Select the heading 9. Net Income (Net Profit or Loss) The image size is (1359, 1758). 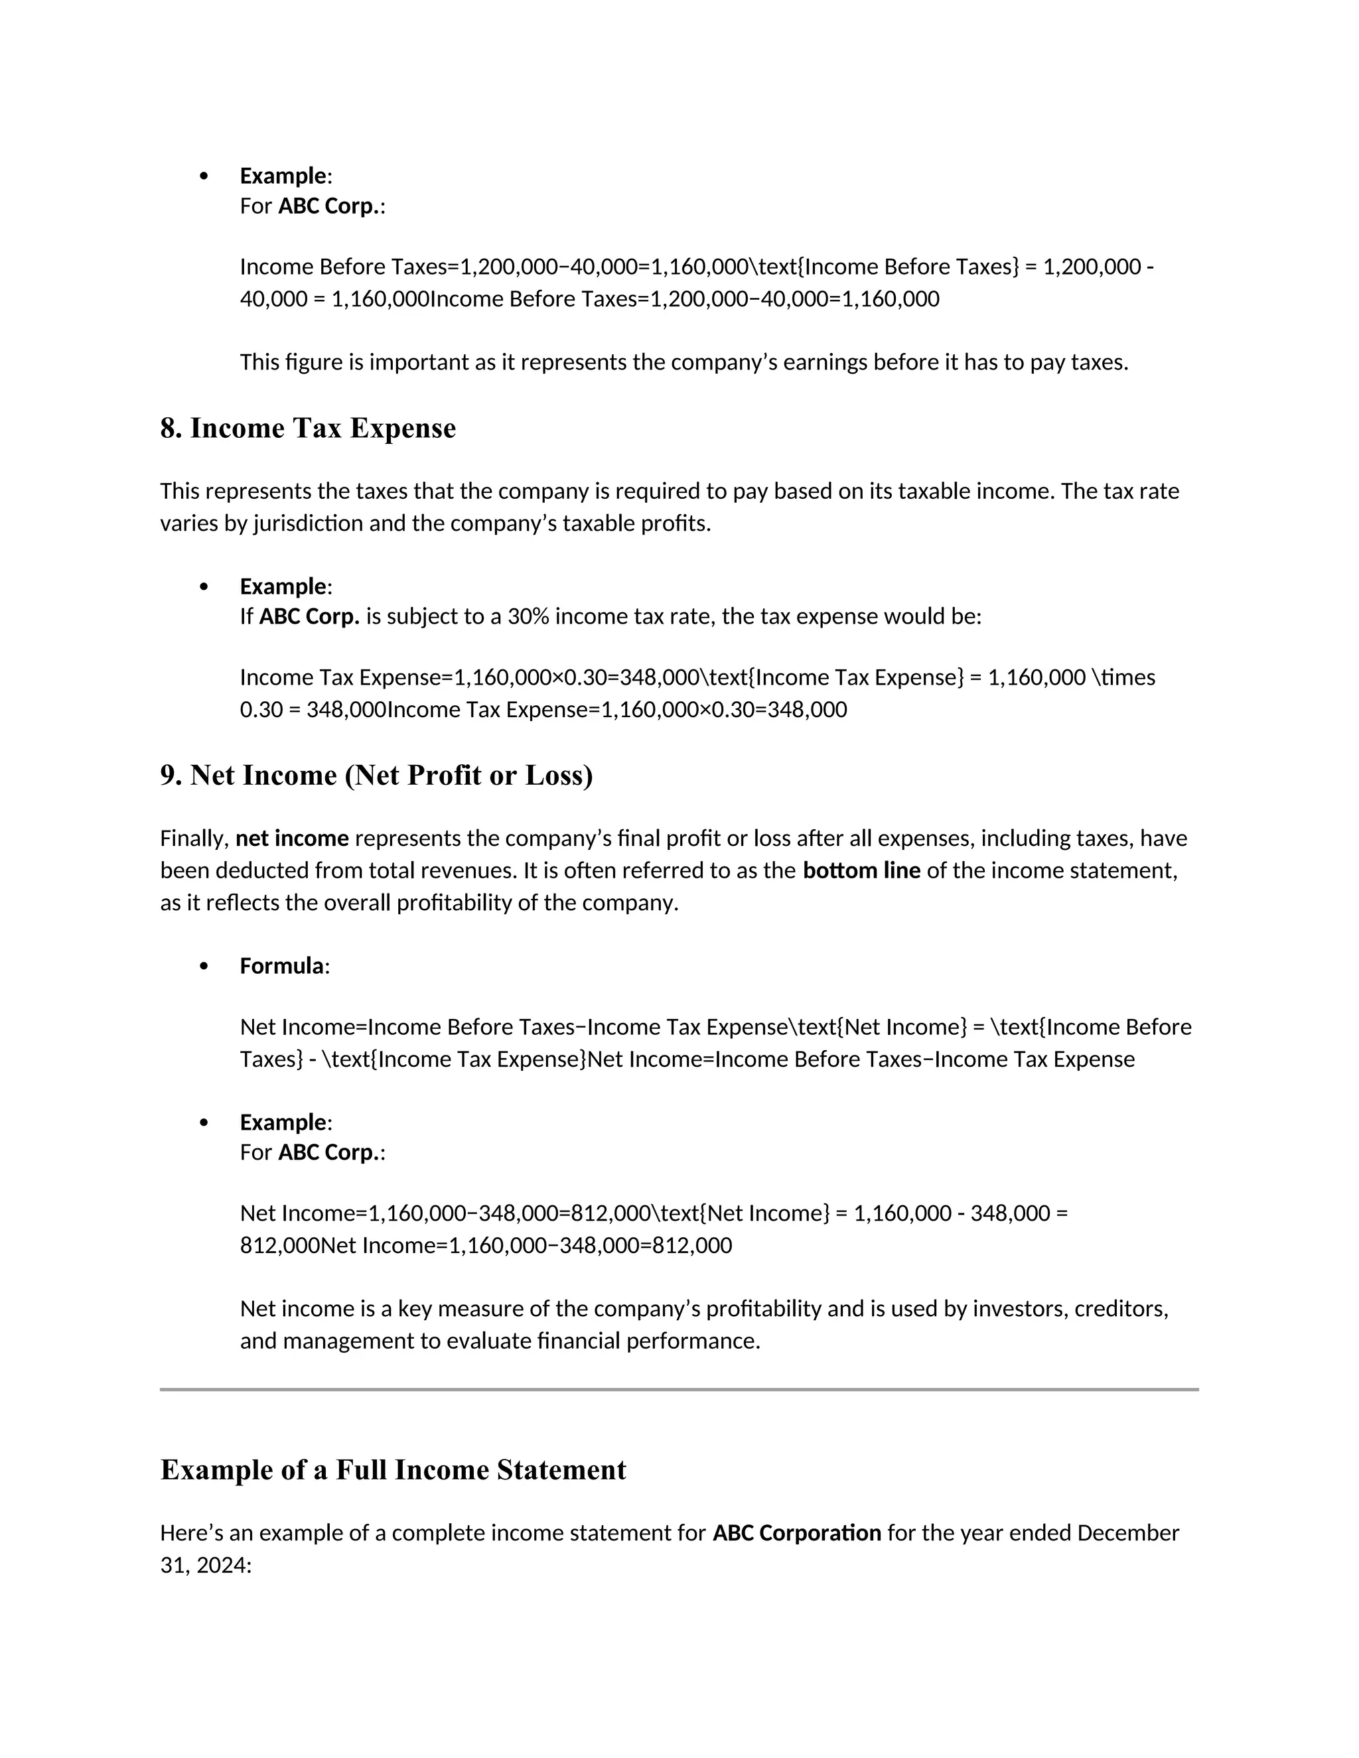coord(376,775)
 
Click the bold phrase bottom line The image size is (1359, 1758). coord(861,870)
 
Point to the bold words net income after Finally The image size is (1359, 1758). coord(292,838)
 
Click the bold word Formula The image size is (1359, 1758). coord(282,965)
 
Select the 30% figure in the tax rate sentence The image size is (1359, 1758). coord(528,616)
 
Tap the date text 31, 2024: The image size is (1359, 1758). coord(206,1565)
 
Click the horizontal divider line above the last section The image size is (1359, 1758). coord(679,1388)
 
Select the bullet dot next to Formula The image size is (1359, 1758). coord(204,966)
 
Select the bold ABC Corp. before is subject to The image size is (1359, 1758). coord(309,616)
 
